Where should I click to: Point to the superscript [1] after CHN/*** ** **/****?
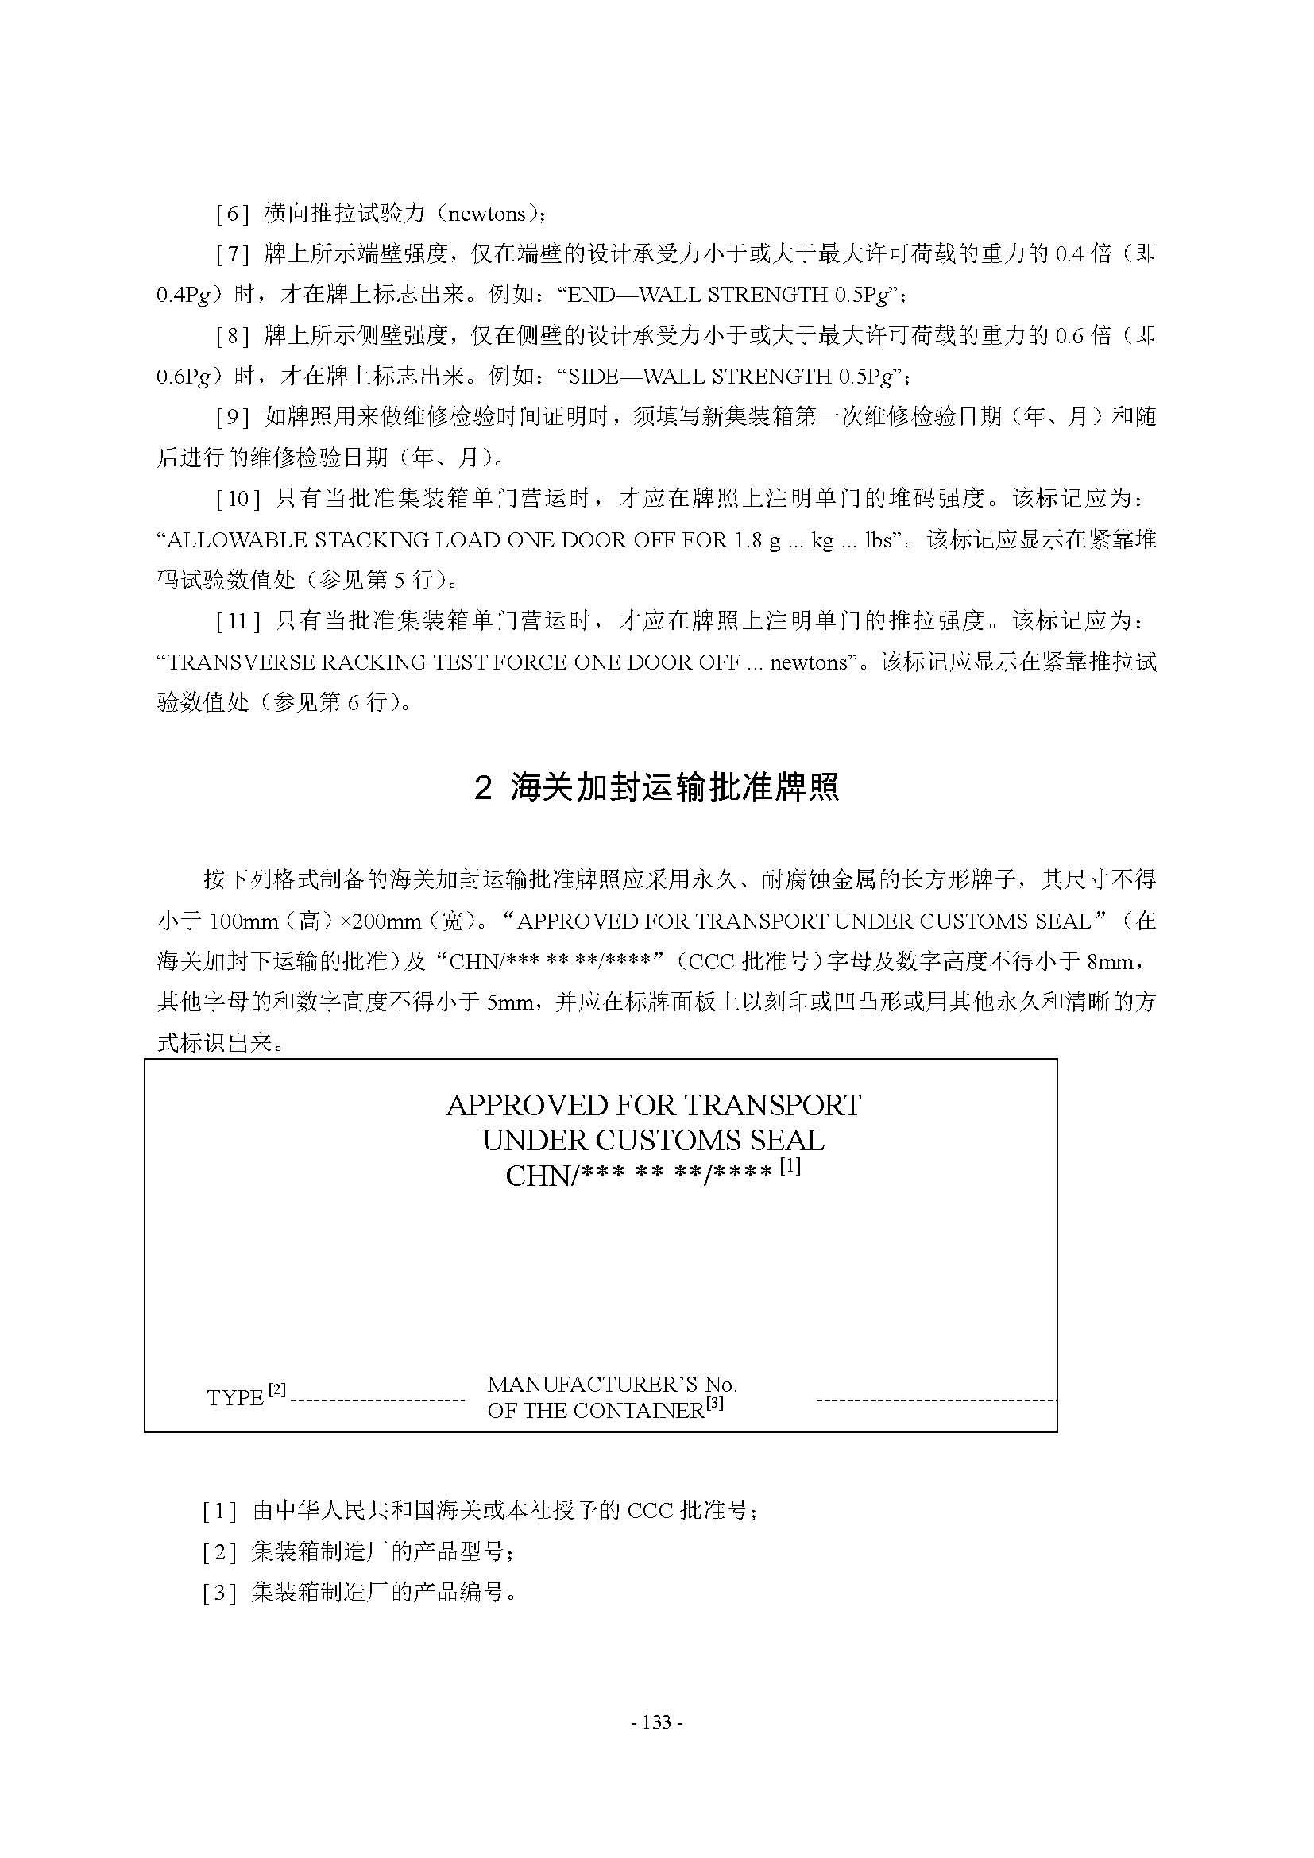click(790, 1166)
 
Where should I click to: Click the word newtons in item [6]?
click(486, 214)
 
